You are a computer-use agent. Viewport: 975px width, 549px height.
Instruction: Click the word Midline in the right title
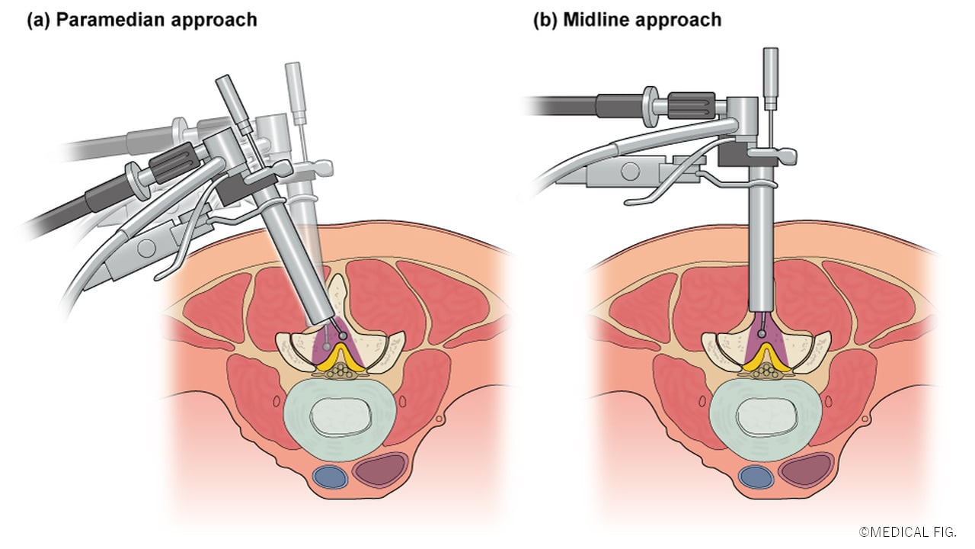593,20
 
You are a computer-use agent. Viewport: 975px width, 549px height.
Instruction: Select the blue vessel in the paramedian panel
330,477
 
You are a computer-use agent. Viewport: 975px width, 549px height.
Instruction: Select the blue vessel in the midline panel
756,477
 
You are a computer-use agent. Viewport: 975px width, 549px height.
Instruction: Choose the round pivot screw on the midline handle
630,170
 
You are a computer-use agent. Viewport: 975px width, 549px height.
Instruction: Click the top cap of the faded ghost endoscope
293,74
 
